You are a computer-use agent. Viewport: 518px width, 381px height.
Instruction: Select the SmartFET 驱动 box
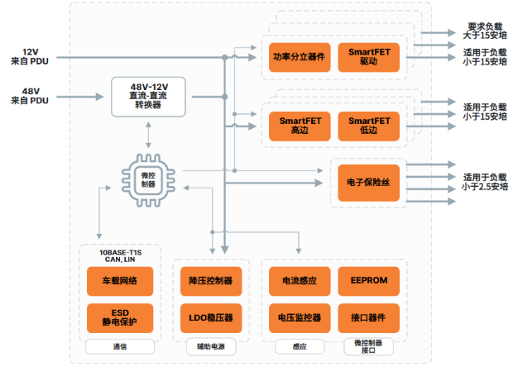pos(368,57)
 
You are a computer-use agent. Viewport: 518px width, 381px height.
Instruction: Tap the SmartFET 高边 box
pos(299,125)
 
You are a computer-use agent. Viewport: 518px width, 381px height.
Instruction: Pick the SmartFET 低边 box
pos(368,125)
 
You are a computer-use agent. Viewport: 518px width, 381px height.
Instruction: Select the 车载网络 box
pos(119,281)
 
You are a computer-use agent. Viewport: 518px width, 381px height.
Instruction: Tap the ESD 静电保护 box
pos(119,317)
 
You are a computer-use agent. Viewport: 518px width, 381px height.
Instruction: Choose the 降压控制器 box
pos(210,281)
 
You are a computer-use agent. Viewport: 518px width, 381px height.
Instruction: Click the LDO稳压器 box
pos(210,317)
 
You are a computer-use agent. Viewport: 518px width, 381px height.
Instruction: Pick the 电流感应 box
pos(299,281)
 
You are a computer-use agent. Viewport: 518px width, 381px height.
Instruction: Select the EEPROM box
pos(368,281)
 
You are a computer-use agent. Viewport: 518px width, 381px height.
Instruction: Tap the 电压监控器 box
pos(299,317)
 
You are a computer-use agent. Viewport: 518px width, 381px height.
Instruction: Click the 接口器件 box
pos(368,317)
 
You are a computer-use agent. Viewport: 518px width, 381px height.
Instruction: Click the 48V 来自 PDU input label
pos(30,95)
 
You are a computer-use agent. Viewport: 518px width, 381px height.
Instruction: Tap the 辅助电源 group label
pos(210,348)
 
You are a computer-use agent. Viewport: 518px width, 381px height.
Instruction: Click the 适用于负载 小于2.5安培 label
pos(484,182)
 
